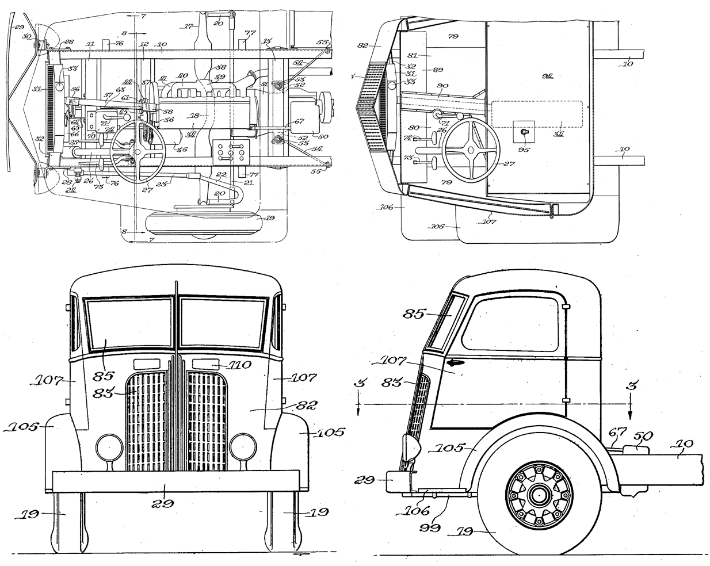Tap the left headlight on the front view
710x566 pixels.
click(106, 446)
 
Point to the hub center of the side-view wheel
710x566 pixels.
click(539, 494)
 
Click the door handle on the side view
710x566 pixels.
click(455, 363)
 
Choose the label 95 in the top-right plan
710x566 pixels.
click(522, 152)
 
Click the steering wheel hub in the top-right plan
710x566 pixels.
click(470, 150)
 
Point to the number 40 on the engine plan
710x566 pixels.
click(183, 76)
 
